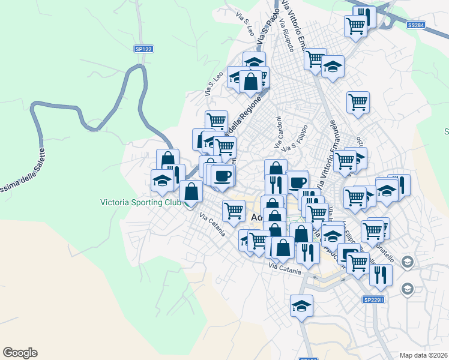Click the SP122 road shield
[x=143, y=48]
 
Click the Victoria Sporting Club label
[x=140, y=203]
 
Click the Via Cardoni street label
[x=279, y=133]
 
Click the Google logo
[x=20, y=353]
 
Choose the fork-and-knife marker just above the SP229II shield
[x=381, y=274]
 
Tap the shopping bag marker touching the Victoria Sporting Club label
[x=191, y=191]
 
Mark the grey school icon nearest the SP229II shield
[x=407, y=289]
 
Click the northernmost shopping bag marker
[x=250, y=81]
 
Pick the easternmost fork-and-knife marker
[x=399, y=185]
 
